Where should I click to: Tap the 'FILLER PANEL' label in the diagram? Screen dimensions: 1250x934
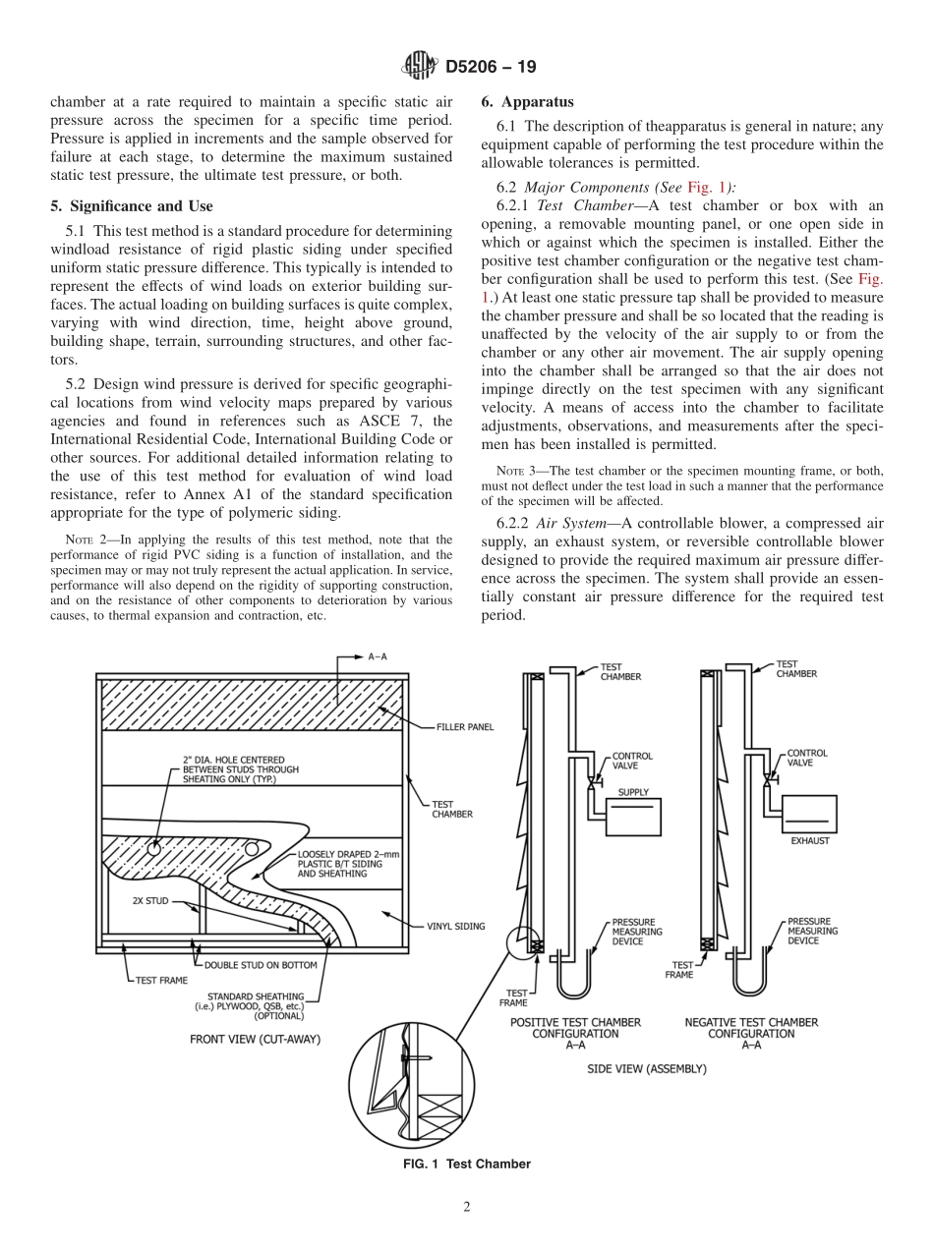point(465,727)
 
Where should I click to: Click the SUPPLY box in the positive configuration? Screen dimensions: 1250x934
point(633,817)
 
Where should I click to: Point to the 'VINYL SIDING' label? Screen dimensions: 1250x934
point(455,926)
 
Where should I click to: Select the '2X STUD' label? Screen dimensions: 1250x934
point(150,899)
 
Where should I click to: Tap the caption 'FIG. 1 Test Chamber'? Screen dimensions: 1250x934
point(467,1164)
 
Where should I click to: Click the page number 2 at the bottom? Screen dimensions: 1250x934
point(467,1208)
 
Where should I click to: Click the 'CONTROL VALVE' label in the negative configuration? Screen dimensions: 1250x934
point(807,758)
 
